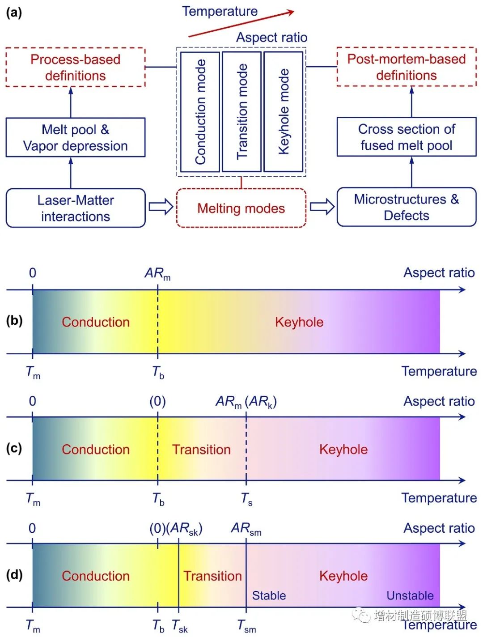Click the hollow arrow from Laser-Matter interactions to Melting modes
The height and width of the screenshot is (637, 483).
tap(161, 207)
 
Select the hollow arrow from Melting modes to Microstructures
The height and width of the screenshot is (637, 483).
tap(322, 207)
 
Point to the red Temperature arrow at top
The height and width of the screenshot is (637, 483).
tap(241, 24)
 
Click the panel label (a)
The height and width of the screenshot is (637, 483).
tap(13, 13)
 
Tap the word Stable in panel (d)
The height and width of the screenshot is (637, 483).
tap(269, 595)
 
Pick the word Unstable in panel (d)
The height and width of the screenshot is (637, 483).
tap(410, 595)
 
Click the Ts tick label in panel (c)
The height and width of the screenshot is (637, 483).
tap(247, 499)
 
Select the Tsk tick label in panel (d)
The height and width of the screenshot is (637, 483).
tap(180, 626)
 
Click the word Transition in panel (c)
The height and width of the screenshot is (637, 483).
tap(201, 450)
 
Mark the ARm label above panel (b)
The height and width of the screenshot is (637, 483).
tap(157, 274)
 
